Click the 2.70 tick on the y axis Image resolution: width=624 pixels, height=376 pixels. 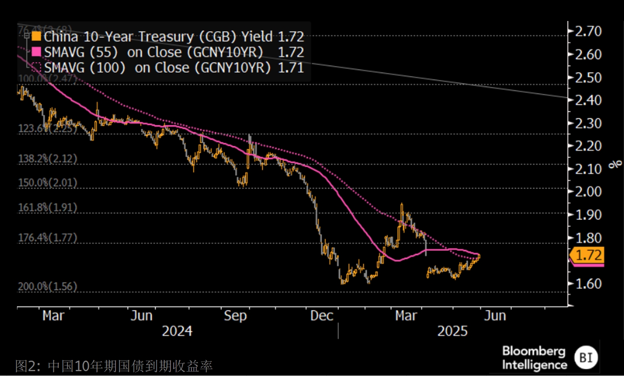click(x=588, y=31)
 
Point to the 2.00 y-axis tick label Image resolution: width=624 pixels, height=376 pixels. click(x=588, y=191)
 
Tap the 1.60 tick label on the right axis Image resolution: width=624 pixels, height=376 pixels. click(x=588, y=284)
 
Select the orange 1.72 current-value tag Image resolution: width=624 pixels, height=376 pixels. click(x=588, y=255)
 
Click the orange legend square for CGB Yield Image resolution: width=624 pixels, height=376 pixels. click(x=36, y=36)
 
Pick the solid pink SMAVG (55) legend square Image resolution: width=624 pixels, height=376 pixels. click(x=36, y=52)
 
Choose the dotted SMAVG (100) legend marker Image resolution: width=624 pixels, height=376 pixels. click(x=36, y=67)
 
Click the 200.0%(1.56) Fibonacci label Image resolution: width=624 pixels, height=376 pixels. click(x=48, y=286)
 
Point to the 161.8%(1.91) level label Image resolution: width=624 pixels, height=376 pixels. click(x=48, y=208)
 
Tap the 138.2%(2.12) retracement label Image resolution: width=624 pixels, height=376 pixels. click(x=48, y=158)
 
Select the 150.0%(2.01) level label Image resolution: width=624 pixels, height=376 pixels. click(x=48, y=183)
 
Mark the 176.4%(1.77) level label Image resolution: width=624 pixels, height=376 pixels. click(x=48, y=237)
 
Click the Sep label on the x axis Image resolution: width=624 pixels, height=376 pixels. click(x=235, y=316)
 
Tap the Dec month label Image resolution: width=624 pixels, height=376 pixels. click(x=321, y=316)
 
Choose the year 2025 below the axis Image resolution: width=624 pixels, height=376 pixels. click(x=452, y=331)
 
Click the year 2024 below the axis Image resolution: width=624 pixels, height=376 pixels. click(x=177, y=331)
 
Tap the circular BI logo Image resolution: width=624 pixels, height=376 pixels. click(x=586, y=357)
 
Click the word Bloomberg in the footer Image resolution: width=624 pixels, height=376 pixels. click(x=534, y=351)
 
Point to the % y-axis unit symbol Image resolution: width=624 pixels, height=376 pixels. click(x=616, y=164)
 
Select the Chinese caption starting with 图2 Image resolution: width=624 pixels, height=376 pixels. click(x=114, y=366)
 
